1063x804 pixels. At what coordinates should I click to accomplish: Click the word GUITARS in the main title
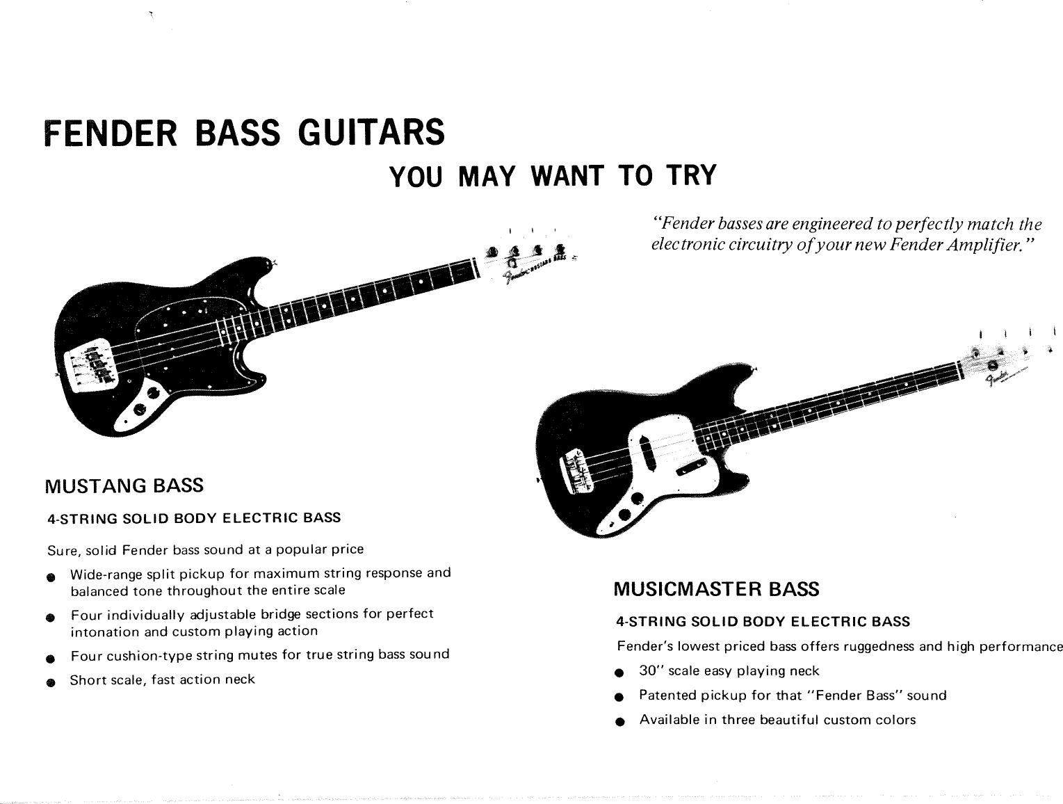(x=371, y=132)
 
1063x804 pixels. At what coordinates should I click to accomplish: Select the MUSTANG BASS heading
(x=124, y=485)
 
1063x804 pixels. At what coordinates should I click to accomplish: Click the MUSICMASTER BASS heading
(x=716, y=590)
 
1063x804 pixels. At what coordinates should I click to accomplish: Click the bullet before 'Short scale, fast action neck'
(x=50, y=682)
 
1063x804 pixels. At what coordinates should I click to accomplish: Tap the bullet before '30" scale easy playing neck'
(x=619, y=673)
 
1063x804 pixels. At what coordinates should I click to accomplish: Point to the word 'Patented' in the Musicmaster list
(x=667, y=695)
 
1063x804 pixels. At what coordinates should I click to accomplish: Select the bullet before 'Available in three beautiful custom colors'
(x=619, y=722)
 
